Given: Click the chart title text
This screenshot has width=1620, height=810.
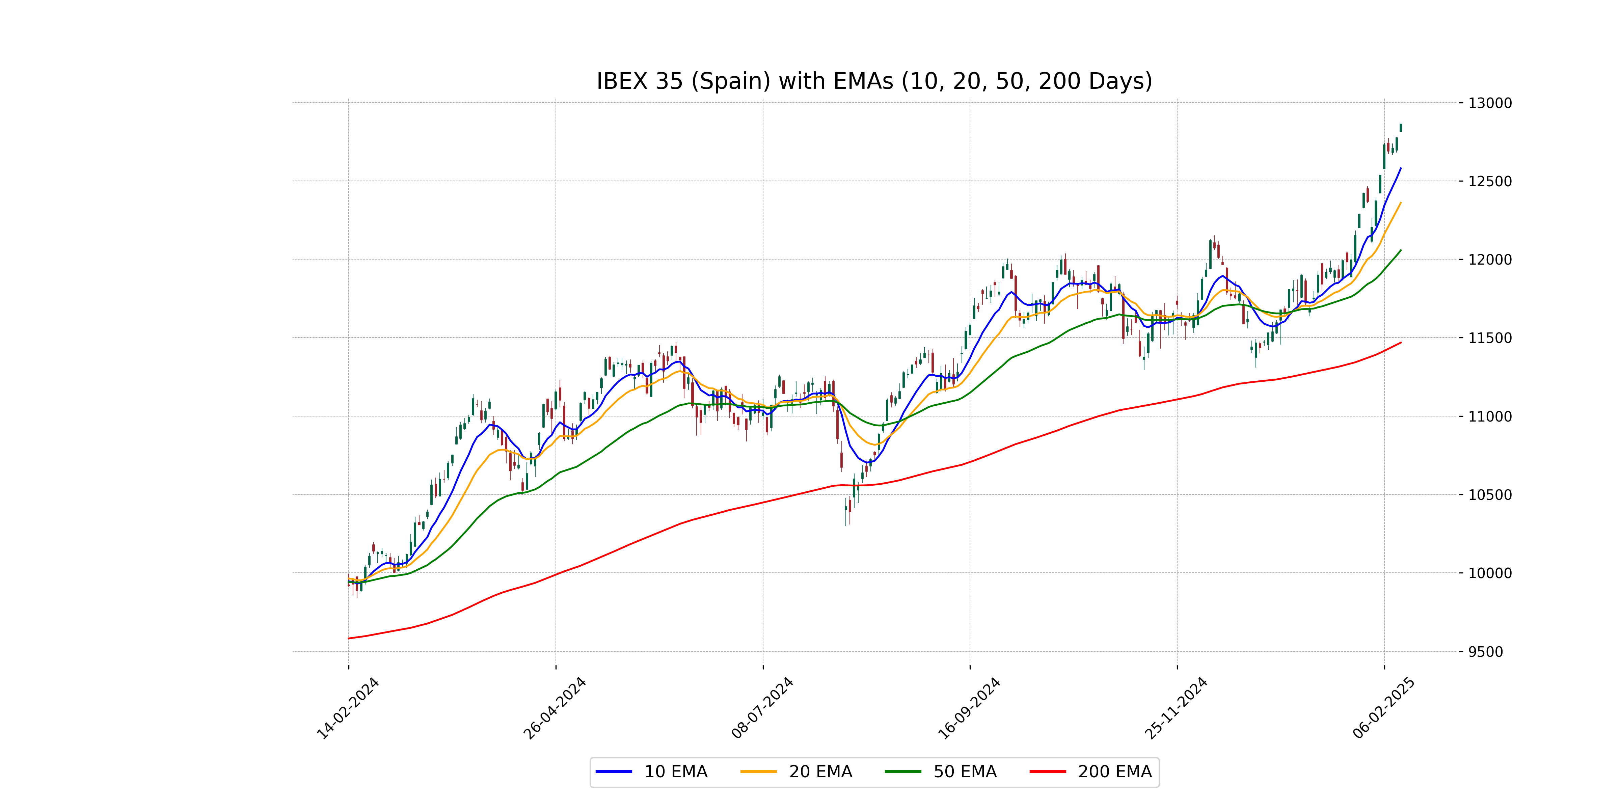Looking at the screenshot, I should [874, 81].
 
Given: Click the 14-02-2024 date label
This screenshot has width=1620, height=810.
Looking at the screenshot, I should [348, 709].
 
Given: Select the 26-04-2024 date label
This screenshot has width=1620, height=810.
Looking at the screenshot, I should [555, 709].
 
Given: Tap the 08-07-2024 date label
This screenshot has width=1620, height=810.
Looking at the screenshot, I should [762, 709].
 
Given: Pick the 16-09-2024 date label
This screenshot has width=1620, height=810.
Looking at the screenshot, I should [969, 709].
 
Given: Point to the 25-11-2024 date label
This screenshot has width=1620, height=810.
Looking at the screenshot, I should [1176, 709].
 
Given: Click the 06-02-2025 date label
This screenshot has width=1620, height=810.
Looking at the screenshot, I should [1383, 709].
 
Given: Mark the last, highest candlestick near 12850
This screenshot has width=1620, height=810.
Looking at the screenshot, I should [1401, 128].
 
